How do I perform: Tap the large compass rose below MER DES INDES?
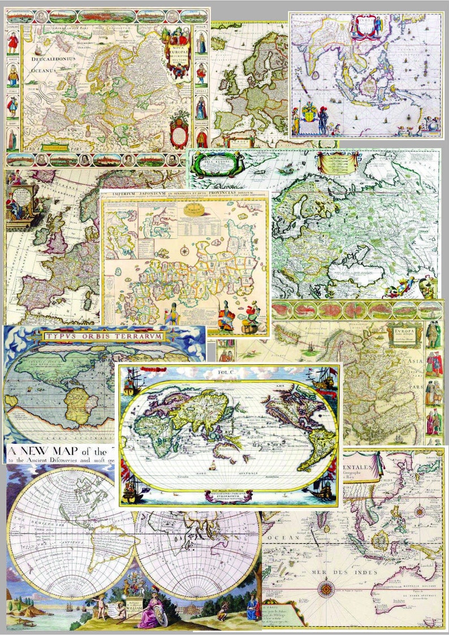325,591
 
